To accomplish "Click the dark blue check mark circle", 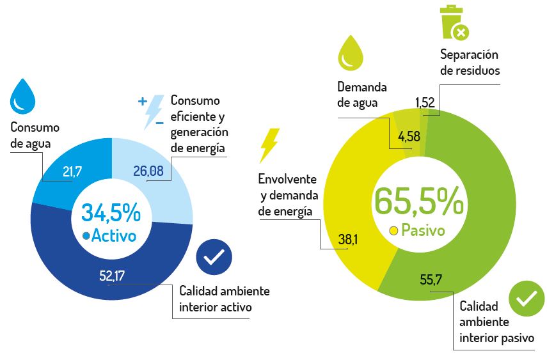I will (x=214, y=258).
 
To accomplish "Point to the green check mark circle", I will (x=526, y=299).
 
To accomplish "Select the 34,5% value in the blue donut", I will (x=111, y=212).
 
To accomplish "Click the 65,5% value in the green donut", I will (x=419, y=201).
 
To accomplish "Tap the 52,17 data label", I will (x=111, y=276).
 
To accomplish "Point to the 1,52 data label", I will (x=425, y=102).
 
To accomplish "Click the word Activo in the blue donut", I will (x=114, y=235).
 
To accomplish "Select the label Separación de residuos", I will (x=470, y=63).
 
